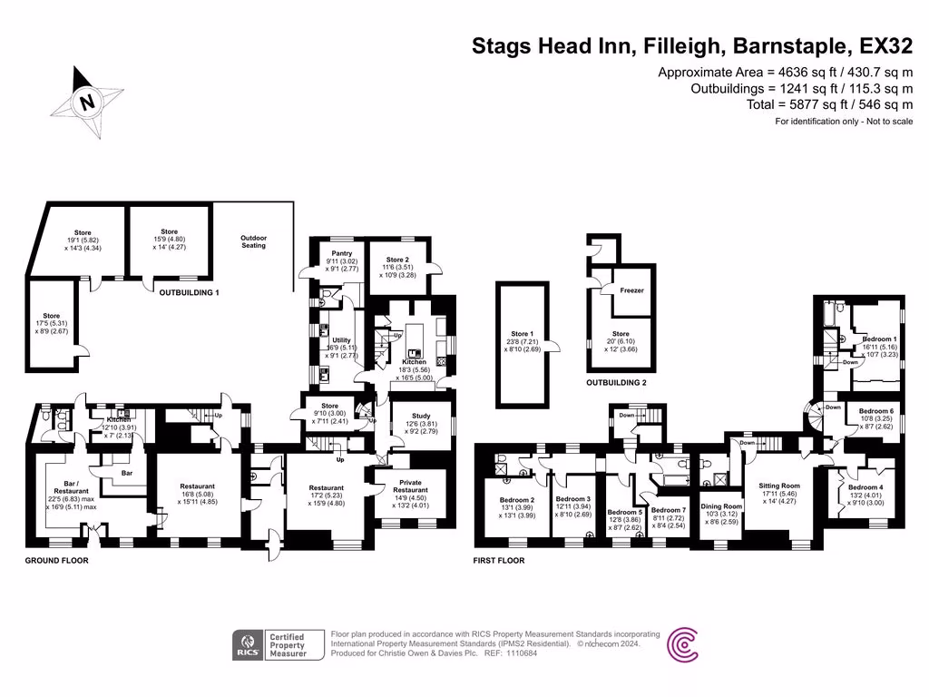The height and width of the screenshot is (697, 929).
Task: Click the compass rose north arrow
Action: click(88, 102)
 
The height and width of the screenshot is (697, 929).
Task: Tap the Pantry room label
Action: click(342, 253)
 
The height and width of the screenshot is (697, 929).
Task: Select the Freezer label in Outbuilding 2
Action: click(632, 291)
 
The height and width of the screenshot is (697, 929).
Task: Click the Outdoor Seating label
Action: click(254, 241)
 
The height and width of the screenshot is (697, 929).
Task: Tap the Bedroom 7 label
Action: click(669, 511)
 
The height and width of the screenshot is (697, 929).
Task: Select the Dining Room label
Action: click(721, 506)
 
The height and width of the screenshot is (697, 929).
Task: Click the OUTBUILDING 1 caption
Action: click(190, 293)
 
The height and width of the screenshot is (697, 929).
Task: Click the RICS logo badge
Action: click(248, 644)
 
